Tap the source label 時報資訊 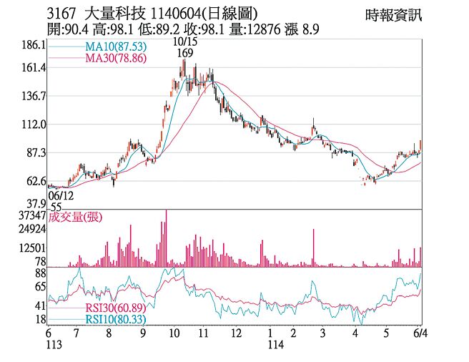[393, 15]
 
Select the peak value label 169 [185, 53]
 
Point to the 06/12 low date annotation [61, 195]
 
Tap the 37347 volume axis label [32, 215]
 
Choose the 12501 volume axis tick [32, 248]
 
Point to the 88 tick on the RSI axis [40, 273]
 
